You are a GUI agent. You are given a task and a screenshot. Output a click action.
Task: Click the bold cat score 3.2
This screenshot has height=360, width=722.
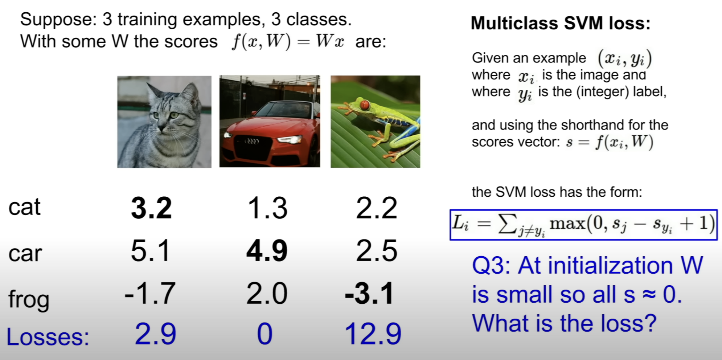[151, 208]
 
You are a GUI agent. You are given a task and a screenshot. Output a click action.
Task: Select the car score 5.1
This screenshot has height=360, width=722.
[150, 250]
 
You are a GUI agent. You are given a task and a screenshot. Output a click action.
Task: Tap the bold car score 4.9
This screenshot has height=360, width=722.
[267, 250]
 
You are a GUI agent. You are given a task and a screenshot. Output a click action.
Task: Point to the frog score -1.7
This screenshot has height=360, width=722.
[150, 293]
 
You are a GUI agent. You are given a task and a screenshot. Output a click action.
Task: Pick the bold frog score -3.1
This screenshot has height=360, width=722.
[369, 293]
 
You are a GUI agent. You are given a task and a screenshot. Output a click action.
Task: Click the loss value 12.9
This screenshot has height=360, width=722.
[373, 334]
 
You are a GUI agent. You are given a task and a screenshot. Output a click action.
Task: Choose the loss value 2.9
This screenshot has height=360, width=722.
[155, 334]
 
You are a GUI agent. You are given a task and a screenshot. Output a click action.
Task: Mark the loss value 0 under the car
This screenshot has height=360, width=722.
[264, 334]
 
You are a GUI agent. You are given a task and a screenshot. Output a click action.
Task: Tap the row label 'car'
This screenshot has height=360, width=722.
[25, 253]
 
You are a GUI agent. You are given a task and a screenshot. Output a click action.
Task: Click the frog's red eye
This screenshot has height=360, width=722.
[364, 105]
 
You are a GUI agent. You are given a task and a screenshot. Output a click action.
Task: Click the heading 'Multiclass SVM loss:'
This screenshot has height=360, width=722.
[561, 23]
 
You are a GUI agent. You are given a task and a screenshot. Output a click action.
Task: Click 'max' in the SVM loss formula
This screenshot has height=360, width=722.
[567, 223]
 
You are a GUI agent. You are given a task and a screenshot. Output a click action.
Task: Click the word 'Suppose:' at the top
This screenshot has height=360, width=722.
[58, 20]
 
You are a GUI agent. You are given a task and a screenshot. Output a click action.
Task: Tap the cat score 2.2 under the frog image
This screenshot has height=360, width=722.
[377, 208]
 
